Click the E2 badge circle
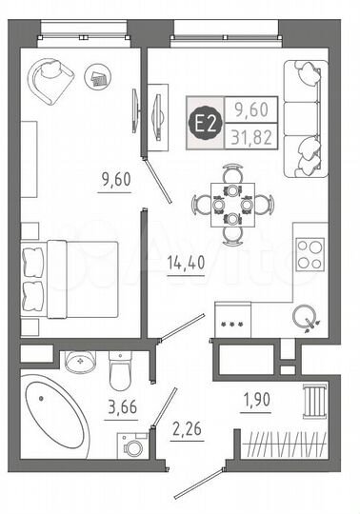[203, 122]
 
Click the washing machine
[130, 444]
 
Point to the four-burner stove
[310, 254]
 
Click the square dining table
[231, 204]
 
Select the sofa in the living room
[308, 113]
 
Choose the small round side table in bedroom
[97, 75]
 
